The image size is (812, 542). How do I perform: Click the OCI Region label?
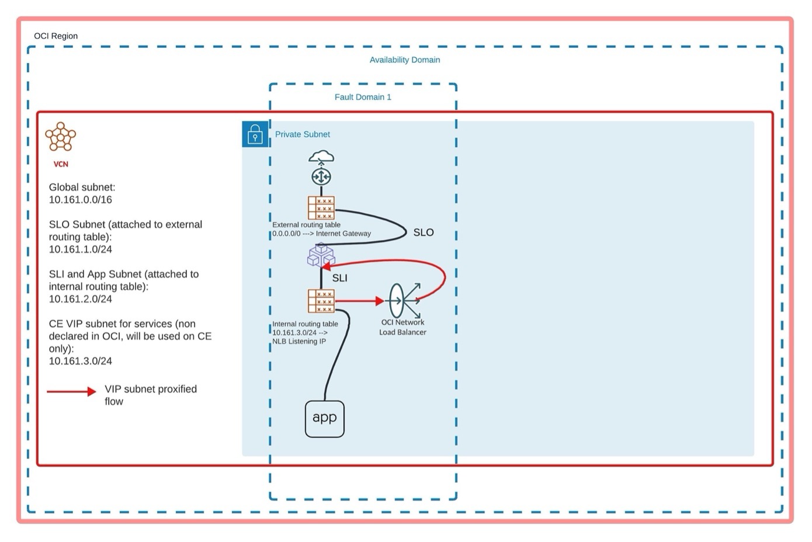tap(55, 36)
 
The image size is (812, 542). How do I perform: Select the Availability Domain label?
tap(404, 60)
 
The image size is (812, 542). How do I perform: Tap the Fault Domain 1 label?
tap(362, 97)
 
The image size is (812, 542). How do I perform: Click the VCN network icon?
tap(61, 137)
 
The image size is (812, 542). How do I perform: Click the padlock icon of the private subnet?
tap(255, 134)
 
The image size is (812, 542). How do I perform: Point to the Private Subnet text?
tap(302, 134)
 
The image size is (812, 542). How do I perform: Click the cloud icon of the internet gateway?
tap(321, 157)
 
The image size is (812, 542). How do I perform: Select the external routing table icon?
tap(321, 208)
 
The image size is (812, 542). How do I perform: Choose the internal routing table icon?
tap(321, 301)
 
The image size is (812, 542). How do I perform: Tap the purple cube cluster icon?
tap(321, 255)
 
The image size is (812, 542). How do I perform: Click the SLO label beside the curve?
tap(423, 232)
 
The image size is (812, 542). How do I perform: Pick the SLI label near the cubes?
tap(339, 278)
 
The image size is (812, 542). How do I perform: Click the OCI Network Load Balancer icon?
tap(404, 301)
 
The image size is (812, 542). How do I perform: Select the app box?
tap(324, 418)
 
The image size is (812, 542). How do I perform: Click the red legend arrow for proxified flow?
tap(71, 391)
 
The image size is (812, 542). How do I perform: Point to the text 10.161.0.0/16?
tap(80, 200)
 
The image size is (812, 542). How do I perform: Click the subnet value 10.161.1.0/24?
tap(80, 249)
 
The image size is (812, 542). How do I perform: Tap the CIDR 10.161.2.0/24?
tap(80, 299)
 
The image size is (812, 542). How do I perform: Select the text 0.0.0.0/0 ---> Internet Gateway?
tap(322, 234)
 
